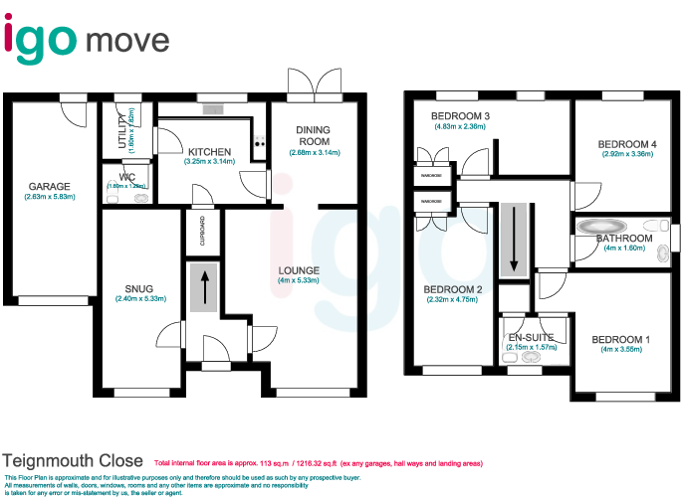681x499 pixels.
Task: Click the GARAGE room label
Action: (x=49, y=186)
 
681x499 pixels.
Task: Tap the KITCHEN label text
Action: (x=209, y=151)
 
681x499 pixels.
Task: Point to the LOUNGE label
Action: (x=299, y=270)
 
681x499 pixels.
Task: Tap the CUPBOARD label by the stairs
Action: (x=202, y=232)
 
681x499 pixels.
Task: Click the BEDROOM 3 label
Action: (x=459, y=116)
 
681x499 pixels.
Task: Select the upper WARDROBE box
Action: (x=431, y=174)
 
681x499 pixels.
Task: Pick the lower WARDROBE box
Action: (x=431, y=202)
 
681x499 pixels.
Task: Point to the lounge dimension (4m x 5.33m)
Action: (x=299, y=281)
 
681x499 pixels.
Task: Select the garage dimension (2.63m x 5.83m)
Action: (x=49, y=197)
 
